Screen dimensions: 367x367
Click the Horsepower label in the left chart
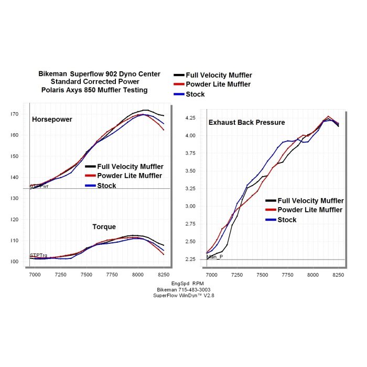coord(52,120)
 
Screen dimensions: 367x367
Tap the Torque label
coord(104,227)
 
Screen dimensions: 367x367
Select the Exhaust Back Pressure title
coord(246,123)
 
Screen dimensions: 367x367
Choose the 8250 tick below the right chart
coord(339,274)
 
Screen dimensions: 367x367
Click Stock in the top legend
coord(195,94)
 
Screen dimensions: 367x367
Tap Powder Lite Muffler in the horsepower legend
coord(129,176)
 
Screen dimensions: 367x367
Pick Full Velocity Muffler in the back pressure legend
coord(310,201)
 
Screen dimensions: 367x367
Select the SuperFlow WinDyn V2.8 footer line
coord(183,296)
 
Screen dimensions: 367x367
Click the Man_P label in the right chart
coord(215,257)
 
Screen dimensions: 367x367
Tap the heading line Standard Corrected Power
coord(95,82)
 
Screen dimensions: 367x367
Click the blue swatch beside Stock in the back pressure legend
coord(271,220)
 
